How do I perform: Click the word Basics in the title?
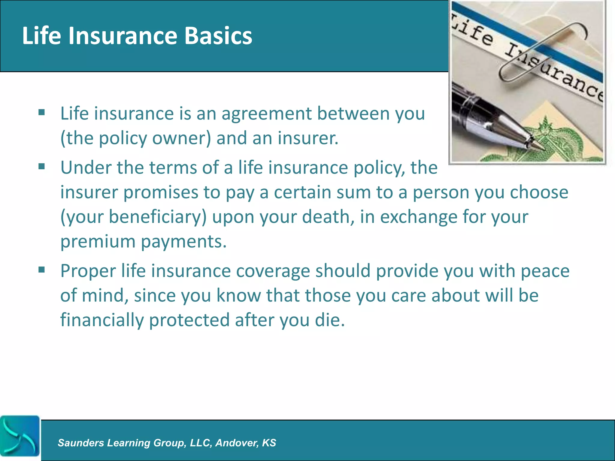pyautogui.click(x=218, y=36)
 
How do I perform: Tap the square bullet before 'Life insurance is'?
pyautogui.click(x=42, y=113)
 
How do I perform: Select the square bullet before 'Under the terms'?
pyautogui.click(x=42, y=166)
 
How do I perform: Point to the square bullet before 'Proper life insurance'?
pyautogui.click(x=42, y=270)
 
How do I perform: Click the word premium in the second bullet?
pyautogui.click(x=98, y=242)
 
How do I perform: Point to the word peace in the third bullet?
pyautogui.click(x=545, y=271)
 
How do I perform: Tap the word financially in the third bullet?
pyautogui.click(x=102, y=320)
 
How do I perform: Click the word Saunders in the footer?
pyautogui.click(x=81, y=443)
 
